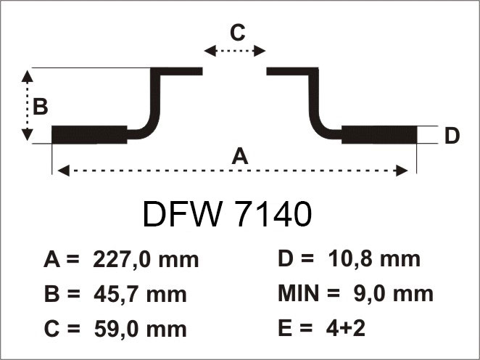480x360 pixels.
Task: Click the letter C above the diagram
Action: click(238, 33)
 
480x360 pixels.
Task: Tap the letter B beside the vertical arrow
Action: click(40, 107)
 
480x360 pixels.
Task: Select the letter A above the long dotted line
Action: click(240, 156)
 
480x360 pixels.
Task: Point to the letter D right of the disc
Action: click(452, 136)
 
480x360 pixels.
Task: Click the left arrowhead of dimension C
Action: click(210, 51)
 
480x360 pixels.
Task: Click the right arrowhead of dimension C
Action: click(260, 51)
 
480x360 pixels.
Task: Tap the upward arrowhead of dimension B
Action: click(28, 76)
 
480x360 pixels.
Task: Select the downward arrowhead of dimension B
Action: click(28, 135)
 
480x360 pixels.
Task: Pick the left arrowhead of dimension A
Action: click(63, 171)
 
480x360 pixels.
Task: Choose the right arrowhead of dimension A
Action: click(402, 171)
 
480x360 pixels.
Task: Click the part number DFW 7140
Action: click(227, 214)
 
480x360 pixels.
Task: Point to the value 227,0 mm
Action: click(146, 260)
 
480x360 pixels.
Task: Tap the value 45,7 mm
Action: click(140, 295)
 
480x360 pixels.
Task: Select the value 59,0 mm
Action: click(140, 330)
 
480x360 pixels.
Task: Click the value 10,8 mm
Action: click(374, 260)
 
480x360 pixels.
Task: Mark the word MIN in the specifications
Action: click(299, 293)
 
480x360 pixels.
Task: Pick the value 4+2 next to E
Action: click(346, 328)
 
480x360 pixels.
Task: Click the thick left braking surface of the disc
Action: click(89, 135)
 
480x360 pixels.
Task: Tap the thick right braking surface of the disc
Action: click(379, 135)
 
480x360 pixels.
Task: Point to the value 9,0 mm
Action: click(394, 294)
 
